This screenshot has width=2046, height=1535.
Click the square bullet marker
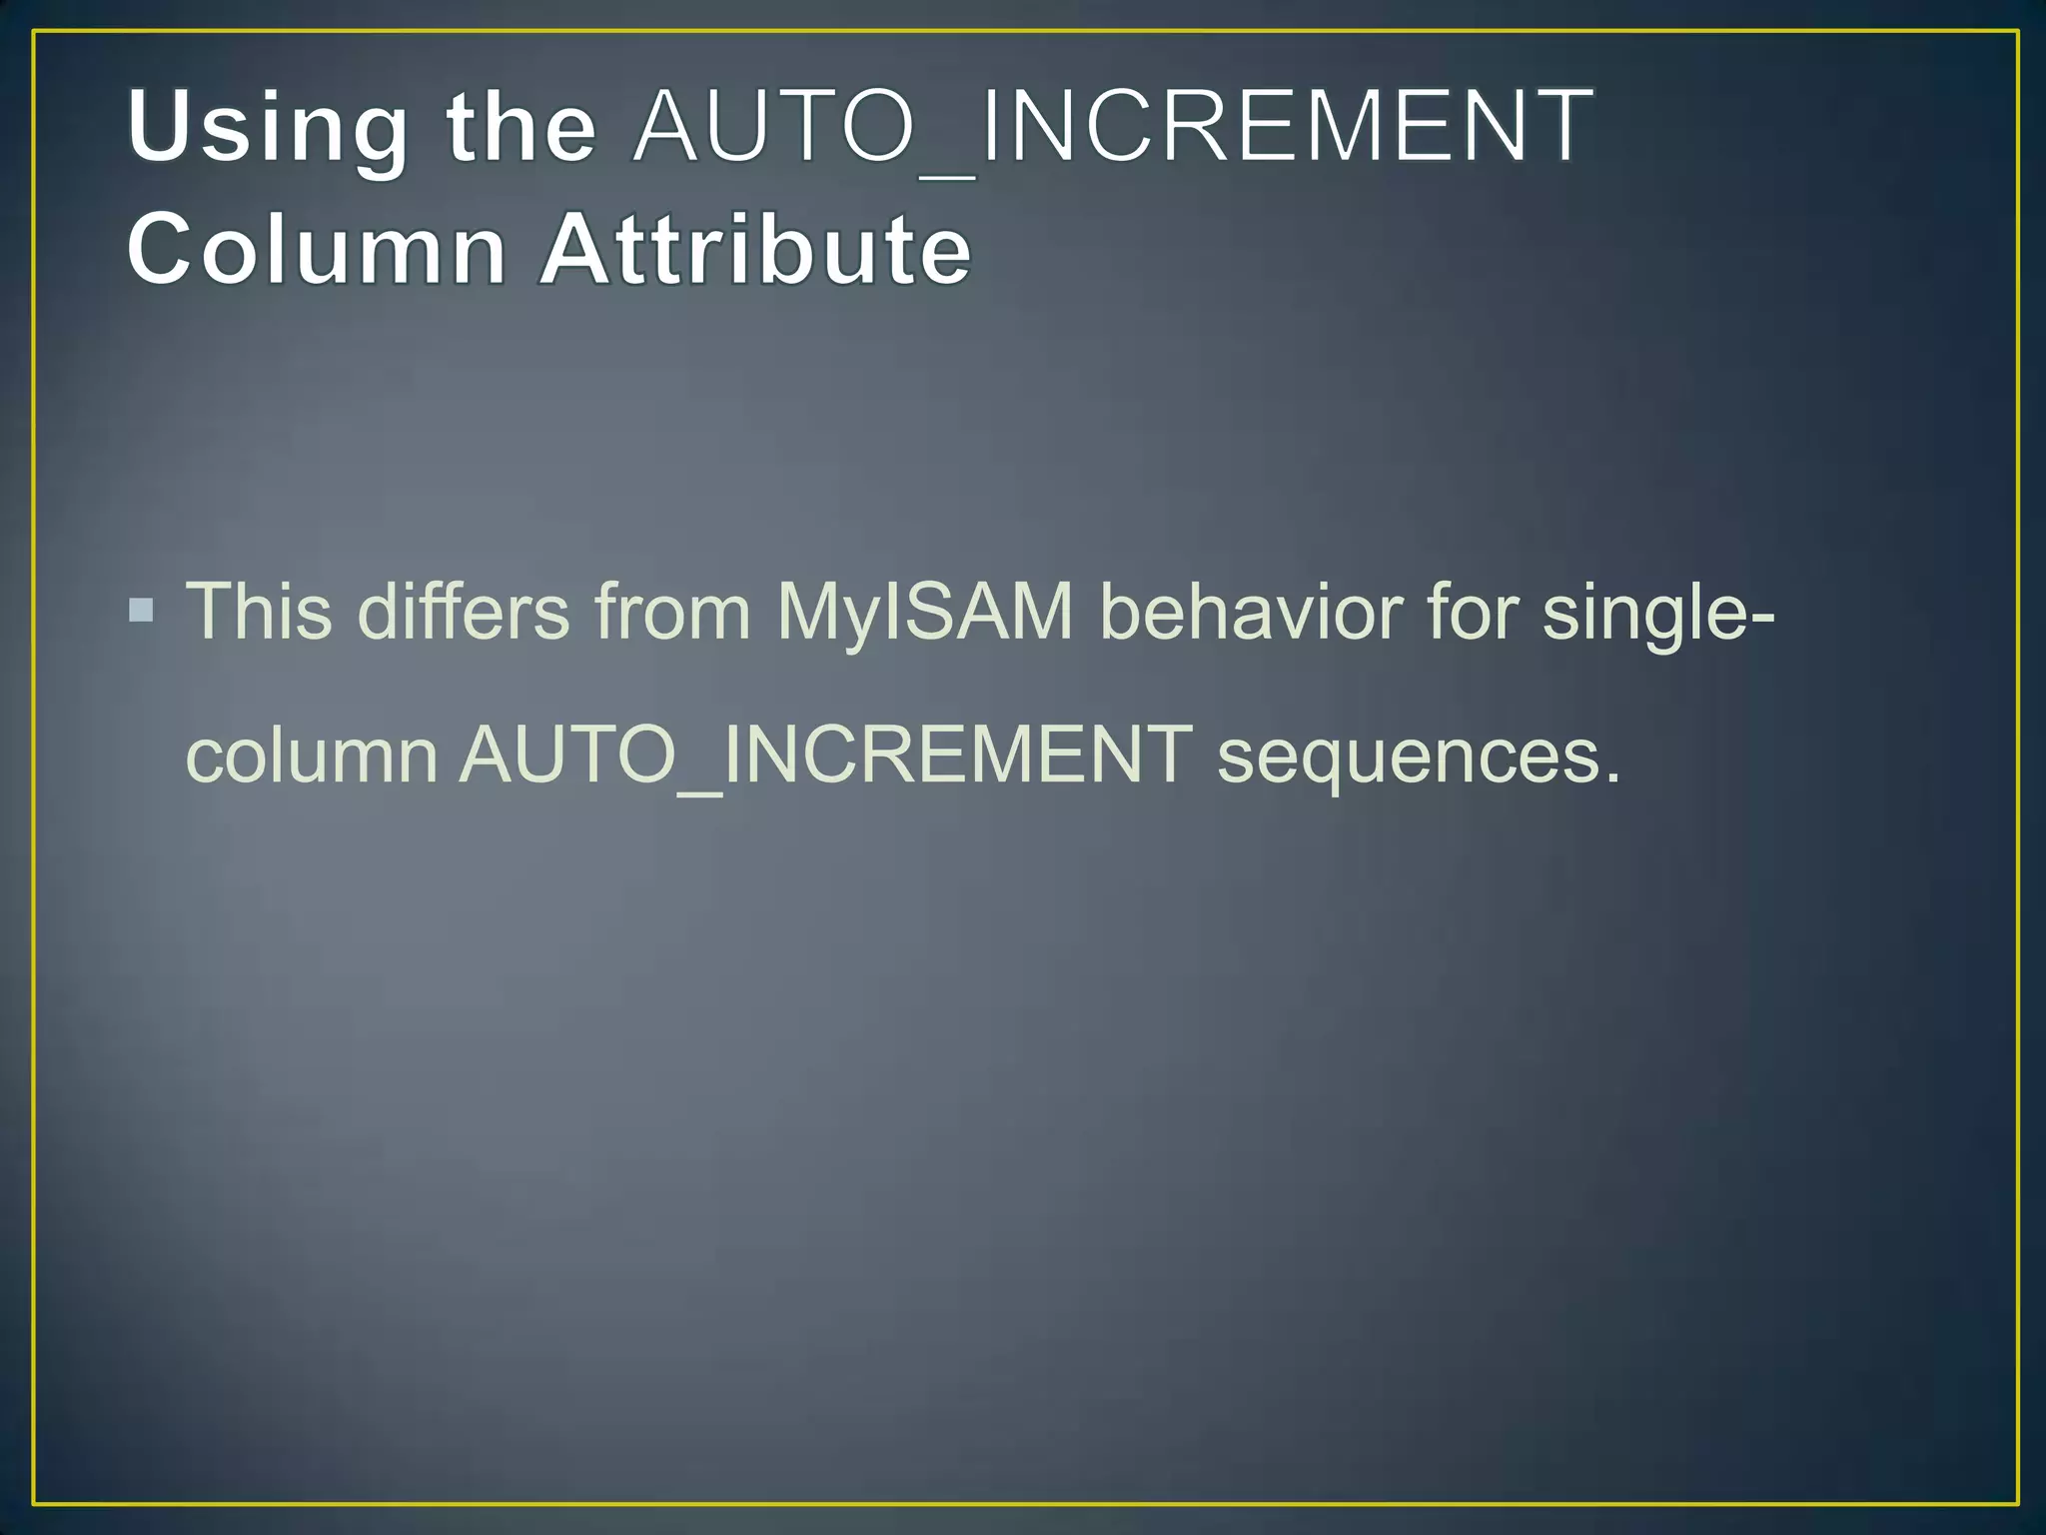[x=142, y=610]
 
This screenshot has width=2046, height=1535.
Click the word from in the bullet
[x=672, y=611]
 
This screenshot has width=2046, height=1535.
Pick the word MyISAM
[x=925, y=611]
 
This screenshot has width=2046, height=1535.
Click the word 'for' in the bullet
[x=1473, y=611]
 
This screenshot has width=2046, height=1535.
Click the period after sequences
[x=1610, y=777]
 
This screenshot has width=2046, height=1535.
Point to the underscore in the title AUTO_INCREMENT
[x=948, y=176]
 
